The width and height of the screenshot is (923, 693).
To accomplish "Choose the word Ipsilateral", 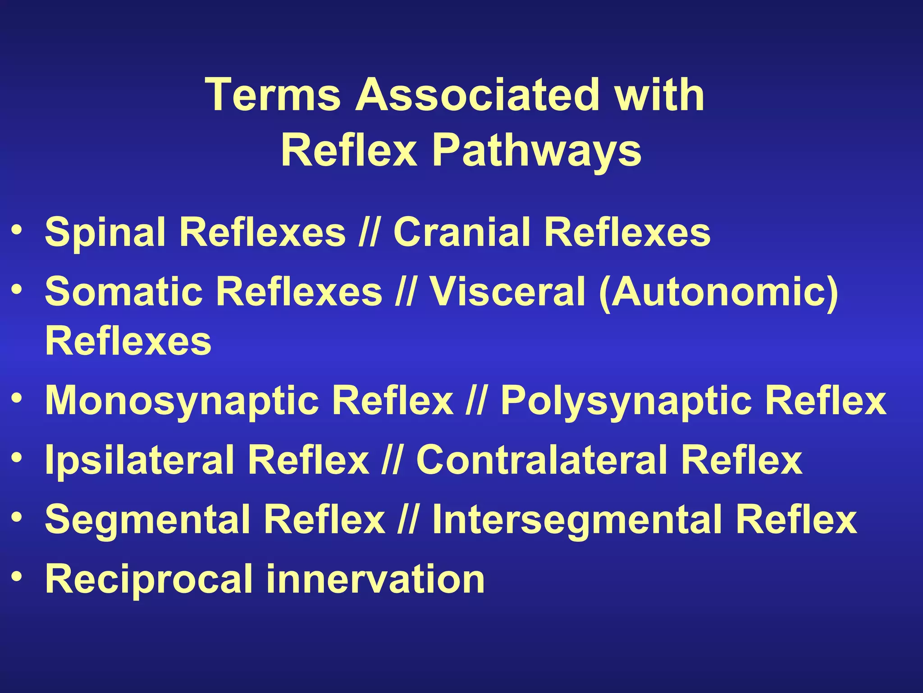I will pyautogui.click(x=140, y=461).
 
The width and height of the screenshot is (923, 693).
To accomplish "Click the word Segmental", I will pyautogui.click(x=148, y=520).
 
